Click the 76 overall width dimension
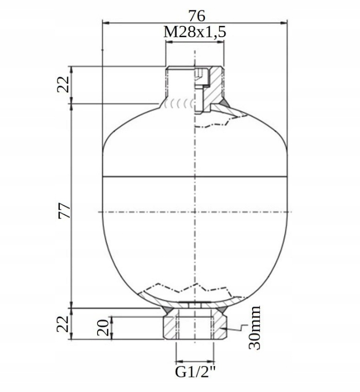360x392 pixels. [195, 14]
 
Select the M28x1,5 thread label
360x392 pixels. [195, 32]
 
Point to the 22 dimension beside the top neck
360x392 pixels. [64, 84]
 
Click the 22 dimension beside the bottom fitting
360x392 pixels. [64, 324]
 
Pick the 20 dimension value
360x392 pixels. [104, 327]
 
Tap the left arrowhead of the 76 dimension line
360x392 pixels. [106, 22]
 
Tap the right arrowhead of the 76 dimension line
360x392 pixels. [284, 22]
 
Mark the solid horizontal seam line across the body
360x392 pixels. [195, 177]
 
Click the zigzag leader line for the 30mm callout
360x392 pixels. [234, 328]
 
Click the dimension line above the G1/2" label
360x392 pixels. [195, 360]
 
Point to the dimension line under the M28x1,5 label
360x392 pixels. [195, 42]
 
